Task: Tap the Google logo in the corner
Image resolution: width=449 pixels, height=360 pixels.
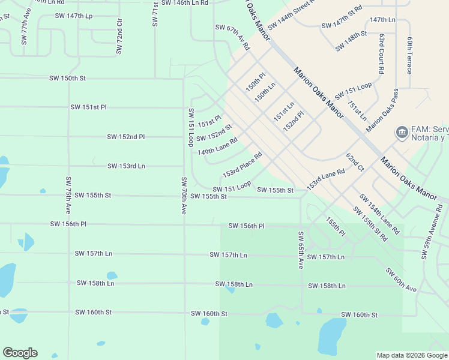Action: point(20,353)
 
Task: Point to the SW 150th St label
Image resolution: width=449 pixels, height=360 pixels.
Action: point(68,79)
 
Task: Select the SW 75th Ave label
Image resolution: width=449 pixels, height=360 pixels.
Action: point(68,196)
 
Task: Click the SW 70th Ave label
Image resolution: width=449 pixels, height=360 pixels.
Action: point(184,196)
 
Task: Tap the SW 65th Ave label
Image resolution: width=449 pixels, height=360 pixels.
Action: point(301,250)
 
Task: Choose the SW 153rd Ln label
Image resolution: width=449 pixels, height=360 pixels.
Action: point(126,166)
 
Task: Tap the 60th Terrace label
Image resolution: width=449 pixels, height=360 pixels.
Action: point(409,55)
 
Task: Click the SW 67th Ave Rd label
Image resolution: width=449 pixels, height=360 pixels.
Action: point(232,37)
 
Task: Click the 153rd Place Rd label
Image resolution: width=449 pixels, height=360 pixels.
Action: point(243,164)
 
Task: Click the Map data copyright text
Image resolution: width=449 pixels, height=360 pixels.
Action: point(412,355)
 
